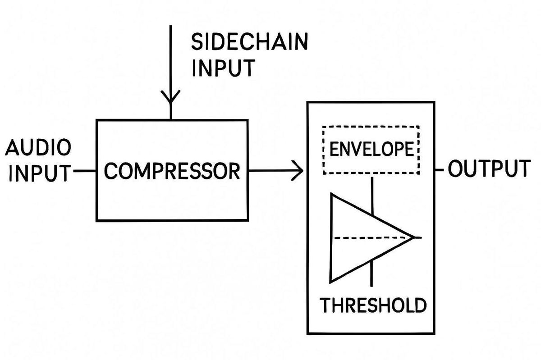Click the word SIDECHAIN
point(250,42)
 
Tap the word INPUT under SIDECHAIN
point(223,68)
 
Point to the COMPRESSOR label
point(172,171)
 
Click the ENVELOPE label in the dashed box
point(371,149)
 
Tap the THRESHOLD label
point(373,305)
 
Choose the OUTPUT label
point(489,169)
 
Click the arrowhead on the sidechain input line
point(170,97)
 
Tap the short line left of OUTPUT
point(440,170)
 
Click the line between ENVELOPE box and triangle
point(371,194)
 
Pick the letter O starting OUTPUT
point(456,169)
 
